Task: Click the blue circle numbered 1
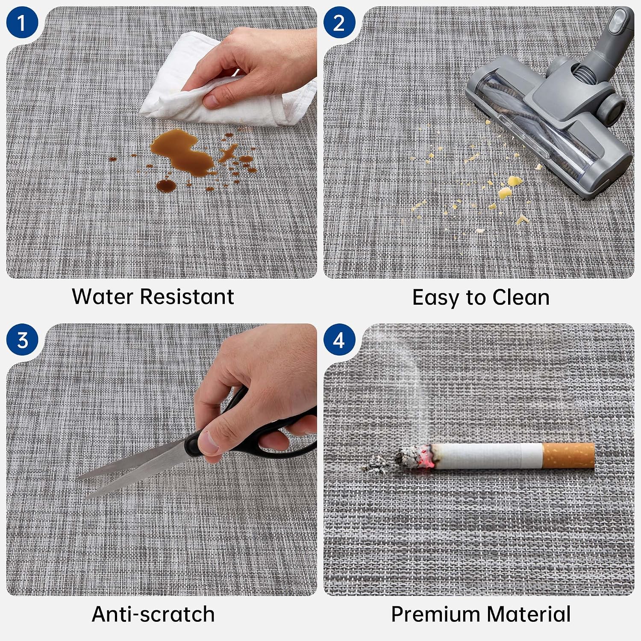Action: tap(22, 22)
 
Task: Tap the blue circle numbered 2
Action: tap(339, 22)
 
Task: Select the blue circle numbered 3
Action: tap(22, 340)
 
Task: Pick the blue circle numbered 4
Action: tap(339, 340)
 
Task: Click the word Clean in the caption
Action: tap(521, 297)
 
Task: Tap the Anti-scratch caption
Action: tap(153, 614)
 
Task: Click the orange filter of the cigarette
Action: tap(568, 456)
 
